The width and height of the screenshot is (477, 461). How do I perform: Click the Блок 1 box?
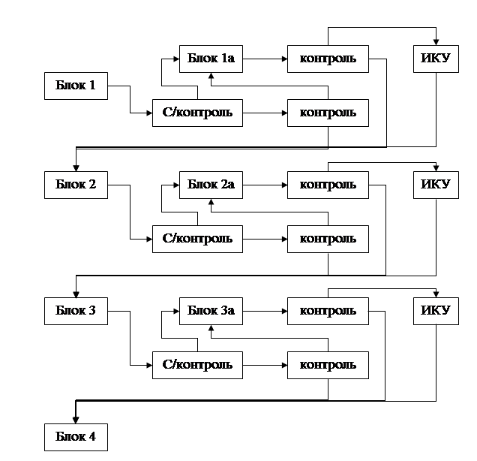point(76,86)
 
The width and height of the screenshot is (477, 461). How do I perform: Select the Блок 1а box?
point(211,59)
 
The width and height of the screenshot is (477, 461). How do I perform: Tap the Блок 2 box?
point(76,185)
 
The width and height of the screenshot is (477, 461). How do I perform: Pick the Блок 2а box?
point(211,185)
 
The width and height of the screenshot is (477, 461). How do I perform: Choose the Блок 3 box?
point(76,311)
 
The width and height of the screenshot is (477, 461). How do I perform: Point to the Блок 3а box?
point(211,311)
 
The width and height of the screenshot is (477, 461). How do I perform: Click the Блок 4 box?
point(76,436)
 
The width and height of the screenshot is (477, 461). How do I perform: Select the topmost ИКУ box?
point(436,59)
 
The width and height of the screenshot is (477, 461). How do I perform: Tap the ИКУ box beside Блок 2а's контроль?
point(436,185)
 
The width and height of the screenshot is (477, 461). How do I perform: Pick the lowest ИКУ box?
point(436,311)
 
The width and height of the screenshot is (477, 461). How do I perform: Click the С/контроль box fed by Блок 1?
point(197,113)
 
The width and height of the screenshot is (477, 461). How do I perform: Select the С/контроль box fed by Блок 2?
point(197,239)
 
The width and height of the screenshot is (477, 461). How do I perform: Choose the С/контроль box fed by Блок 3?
point(197,365)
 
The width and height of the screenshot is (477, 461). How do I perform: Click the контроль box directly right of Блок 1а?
point(328,59)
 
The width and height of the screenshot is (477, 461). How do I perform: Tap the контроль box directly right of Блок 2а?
point(328,185)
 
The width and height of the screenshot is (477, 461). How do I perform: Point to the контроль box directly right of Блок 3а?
point(328,311)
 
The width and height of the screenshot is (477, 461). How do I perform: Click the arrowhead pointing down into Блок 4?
point(75,419)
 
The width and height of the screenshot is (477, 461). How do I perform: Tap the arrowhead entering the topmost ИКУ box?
point(436,42)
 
